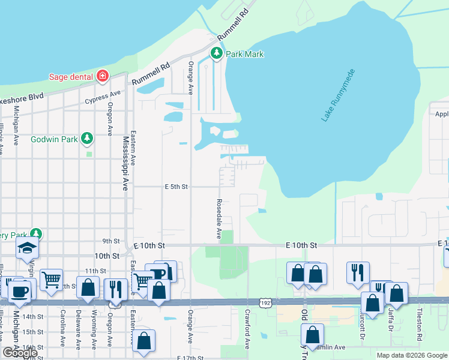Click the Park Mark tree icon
click(217, 54)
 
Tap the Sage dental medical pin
click(103, 76)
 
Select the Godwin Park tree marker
click(88, 139)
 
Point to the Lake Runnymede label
click(339, 96)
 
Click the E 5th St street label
click(176, 187)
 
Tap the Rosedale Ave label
click(219, 220)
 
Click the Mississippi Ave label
click(126, 163)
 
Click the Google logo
click(20, 353)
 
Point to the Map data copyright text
click(412, 355)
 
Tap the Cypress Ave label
click(103, 97)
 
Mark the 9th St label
click(111, 241)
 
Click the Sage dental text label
click(70, 77)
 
